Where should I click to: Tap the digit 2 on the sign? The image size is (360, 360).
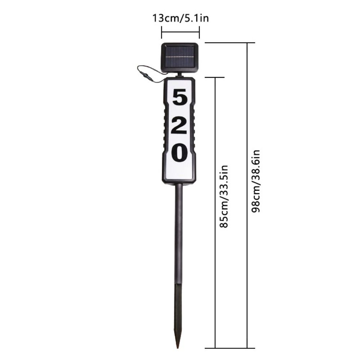[179, 125]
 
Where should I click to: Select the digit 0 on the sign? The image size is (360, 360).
[179, 152]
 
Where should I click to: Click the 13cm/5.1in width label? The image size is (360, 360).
[181, 18]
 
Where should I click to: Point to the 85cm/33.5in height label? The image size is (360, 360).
[224, 196]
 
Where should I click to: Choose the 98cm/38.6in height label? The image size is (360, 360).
[256, 181]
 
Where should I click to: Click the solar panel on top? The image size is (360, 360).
[180, 58]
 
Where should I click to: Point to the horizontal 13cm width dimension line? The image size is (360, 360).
[180, 32]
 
